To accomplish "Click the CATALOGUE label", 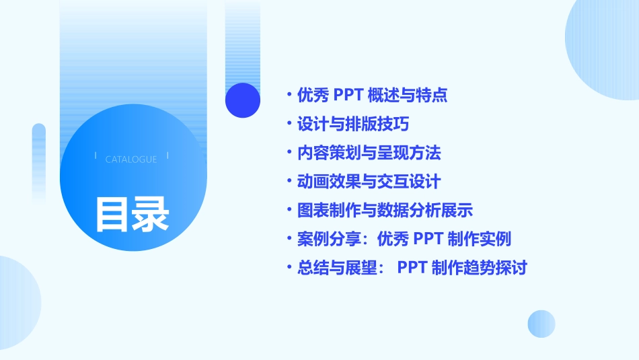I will tap(131, 159).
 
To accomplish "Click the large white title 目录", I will tap(132, 214).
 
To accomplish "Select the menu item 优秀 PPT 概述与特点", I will tap(372, 95).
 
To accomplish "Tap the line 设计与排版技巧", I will tap(353, 124).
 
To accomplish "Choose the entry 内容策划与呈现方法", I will tap(369, 153).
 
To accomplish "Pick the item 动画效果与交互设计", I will tap(369, 182).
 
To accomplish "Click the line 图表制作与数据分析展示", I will tap(385, 211).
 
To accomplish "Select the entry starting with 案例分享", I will tap(404, 239).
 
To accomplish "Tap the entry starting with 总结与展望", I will tap(412, 268).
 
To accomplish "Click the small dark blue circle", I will tap(242, 100).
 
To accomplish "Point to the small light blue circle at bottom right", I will tap(541, 324).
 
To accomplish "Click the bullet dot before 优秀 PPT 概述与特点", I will tap(289, 96).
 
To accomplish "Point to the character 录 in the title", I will tap(151, 214).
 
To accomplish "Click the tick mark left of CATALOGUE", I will tap(96, 155).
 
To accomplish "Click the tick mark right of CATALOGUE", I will tap(167, 155).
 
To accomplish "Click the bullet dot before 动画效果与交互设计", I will tap(289, 182).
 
